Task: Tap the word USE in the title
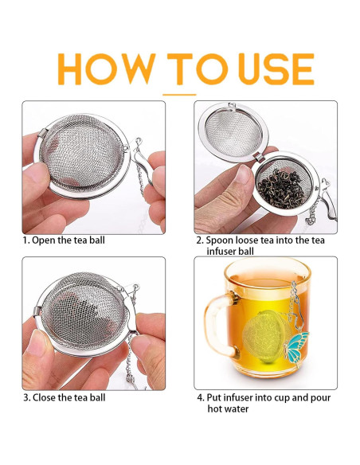(x=276, y=69)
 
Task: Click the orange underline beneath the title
(x=179, y=95)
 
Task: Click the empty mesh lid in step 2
(x=233, y=132)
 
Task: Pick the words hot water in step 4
(x=228, y=409)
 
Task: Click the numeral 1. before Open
(x=27, y=240)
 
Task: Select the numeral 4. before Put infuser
(x=201, y=397)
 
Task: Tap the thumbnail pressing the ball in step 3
(x=38, y=343)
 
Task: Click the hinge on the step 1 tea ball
(x=42, y=133)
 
